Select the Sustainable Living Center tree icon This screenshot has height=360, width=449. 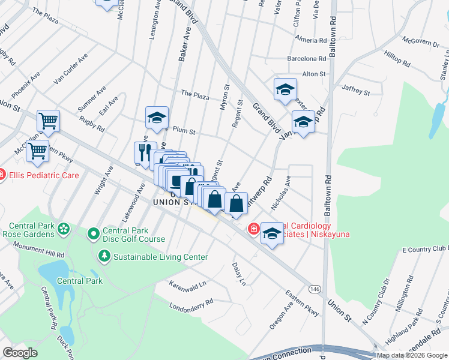(x=104, y=257)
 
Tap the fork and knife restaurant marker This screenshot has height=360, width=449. (x=145, y=152)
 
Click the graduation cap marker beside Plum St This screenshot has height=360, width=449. (x=157, y=117)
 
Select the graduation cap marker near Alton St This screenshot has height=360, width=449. (x=285, y=89)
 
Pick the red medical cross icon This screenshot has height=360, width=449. (x=253, y=229)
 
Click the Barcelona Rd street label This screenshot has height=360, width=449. (x=306, y=59)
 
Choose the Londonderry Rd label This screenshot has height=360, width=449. (x=191, y=302)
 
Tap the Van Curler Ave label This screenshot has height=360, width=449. (x=71, y=68)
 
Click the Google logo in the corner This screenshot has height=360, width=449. (x=20, y=353)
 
